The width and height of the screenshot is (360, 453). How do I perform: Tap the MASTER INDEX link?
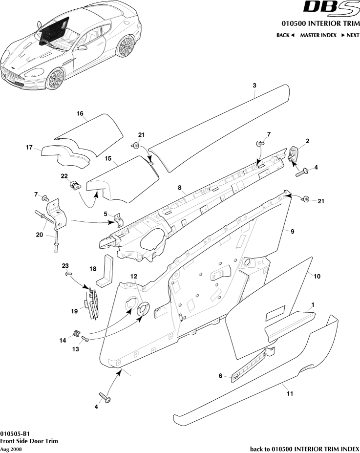pos(318,35)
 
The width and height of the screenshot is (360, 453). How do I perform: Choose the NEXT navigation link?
pos(350,35)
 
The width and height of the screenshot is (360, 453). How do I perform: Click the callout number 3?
pos(254,86)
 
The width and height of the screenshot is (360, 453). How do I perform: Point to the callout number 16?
pos(80,113)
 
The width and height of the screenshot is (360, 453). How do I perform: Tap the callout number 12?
pos(133,276)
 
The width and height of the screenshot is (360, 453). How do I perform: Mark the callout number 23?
pos(65,265)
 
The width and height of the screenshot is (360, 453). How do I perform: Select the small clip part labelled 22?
pos(75,185)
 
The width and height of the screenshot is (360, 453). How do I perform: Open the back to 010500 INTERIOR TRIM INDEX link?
pos(304,449)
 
